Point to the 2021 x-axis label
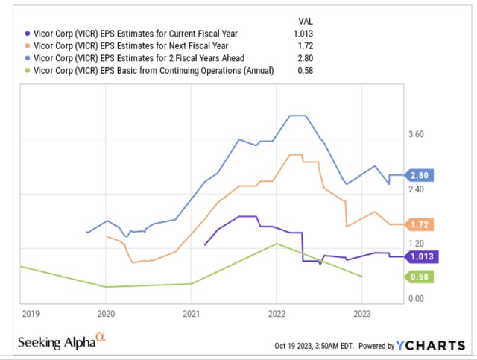192,313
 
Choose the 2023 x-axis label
361,313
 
